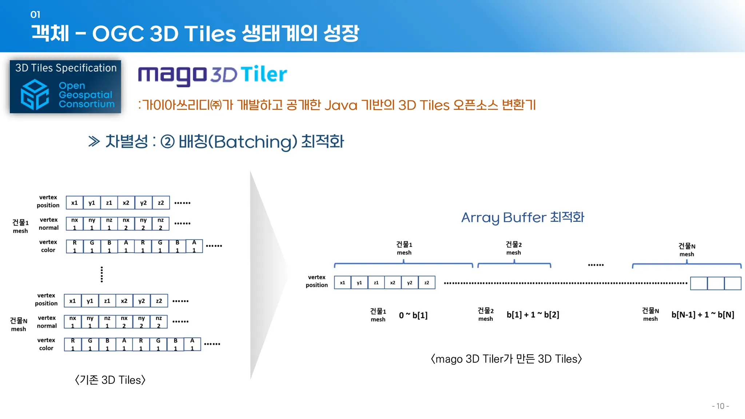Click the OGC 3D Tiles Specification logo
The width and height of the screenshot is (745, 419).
(65, 87)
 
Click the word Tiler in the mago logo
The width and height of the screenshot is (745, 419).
(264, 75)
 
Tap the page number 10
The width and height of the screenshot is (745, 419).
(720, 406)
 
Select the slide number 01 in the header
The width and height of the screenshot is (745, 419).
(35, 15)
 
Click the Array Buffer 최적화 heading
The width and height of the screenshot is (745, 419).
(522, 218)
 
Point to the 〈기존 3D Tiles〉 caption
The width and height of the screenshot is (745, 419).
(110, 380)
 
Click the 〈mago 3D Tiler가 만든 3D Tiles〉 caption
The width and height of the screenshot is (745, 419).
(506, 359)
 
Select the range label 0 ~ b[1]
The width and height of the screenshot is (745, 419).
(413, 315)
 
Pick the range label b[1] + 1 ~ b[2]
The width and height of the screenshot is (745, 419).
(533, 315)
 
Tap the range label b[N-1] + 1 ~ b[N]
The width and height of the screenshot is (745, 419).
(702, 315)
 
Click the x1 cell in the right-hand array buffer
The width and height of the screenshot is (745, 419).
(342, 283)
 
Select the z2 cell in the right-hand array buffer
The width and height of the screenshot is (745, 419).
(427, 283)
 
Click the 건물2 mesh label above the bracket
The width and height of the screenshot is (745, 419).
(514, 248)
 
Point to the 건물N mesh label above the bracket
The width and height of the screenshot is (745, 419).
(687, 250)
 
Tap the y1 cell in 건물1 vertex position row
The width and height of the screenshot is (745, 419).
(92, 203)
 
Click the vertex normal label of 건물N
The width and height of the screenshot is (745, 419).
(47, 322)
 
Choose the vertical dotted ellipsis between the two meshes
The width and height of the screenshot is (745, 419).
(102, 274)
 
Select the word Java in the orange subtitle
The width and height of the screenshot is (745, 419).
(340, 105)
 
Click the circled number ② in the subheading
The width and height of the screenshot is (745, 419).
(167, 141)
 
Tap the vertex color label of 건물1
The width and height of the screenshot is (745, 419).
(48, 246)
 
